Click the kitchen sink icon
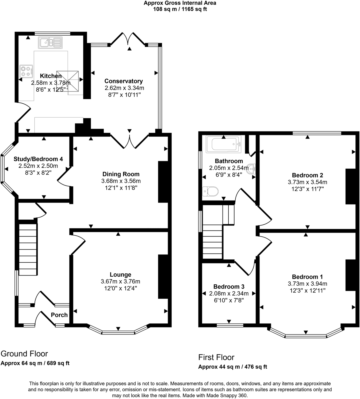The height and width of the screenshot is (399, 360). coord(50,43)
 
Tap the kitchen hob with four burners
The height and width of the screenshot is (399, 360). coord(26,71)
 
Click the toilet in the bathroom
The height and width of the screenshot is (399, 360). coord(210,191)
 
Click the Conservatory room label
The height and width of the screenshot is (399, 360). coord(124,81)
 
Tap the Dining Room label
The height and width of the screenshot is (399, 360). coord(121,174)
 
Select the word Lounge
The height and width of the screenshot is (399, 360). coord(120,274)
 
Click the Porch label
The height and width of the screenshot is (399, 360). coord(59,315)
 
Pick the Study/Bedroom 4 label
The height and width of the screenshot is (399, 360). coord(38,159)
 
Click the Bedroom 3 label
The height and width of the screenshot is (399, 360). coord(229,287)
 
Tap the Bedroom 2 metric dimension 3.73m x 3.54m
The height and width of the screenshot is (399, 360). coord(307,182)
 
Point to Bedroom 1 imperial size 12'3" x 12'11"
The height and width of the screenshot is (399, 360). coord(307,291)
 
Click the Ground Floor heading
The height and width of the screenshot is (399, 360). coord(24,354)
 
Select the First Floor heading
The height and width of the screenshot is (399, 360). coord(216,357)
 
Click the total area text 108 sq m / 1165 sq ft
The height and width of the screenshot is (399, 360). coord(180,9)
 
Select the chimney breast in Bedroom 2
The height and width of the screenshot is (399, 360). coord(351,186)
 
